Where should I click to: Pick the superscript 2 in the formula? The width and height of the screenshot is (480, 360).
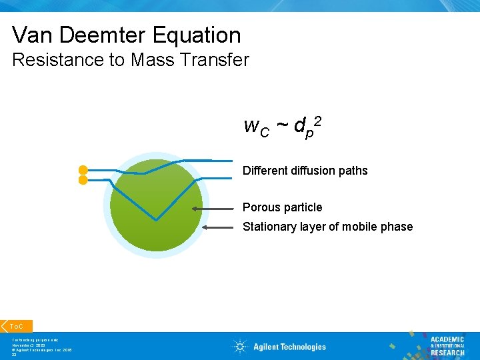(318, 120)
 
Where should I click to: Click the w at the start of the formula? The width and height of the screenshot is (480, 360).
(251, 125)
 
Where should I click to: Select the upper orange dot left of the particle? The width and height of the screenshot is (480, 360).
(83, 169)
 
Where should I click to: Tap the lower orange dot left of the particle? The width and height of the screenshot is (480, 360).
(83, 180)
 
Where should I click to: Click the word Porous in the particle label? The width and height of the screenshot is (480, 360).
(261, 207)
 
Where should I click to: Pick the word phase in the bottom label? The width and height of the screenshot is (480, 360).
(397, 227)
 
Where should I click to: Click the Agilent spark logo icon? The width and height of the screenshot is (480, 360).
(240, 346)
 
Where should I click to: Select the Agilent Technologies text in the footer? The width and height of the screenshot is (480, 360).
(289, 347)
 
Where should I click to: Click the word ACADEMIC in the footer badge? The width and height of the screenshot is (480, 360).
(447, 339)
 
